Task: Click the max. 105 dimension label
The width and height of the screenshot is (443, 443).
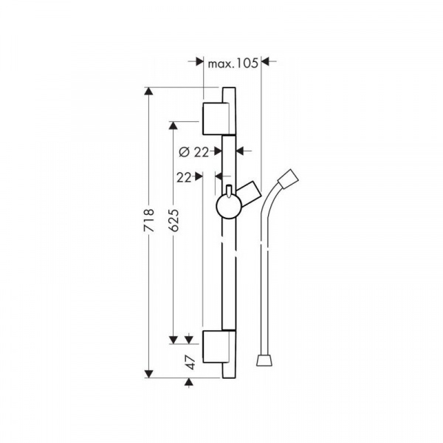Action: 233,63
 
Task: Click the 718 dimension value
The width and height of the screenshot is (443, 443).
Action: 148,220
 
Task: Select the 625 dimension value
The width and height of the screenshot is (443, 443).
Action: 174,220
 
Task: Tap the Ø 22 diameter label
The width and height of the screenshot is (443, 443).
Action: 193,152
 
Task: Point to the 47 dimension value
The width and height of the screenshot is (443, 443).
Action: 191,363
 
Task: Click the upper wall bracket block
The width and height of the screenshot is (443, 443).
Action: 219,119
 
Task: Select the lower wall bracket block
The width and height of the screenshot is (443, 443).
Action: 219,346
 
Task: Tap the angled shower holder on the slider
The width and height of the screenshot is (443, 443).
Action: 250,193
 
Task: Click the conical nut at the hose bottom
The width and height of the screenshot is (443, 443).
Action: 265,360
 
